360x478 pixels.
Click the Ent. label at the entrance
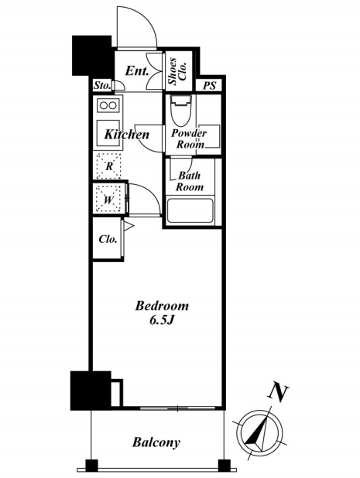point(137,71)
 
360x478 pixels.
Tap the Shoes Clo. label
point(177,71)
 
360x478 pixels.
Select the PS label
point(210,86)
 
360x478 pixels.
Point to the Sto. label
point(102,85)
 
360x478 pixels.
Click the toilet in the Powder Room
point(181,110)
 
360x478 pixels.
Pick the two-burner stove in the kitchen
point(108,105)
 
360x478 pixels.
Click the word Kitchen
point(127,135)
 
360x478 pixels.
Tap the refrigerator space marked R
point(109,166)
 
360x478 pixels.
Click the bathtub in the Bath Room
point(190,210)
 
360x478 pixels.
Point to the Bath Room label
point(190,181)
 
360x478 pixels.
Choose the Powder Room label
point(189,138)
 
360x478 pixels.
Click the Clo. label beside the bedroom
point(108,239)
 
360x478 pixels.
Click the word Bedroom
point(162,306)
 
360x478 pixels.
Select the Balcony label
point(156,442)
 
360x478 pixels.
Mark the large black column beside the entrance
point(91,56)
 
